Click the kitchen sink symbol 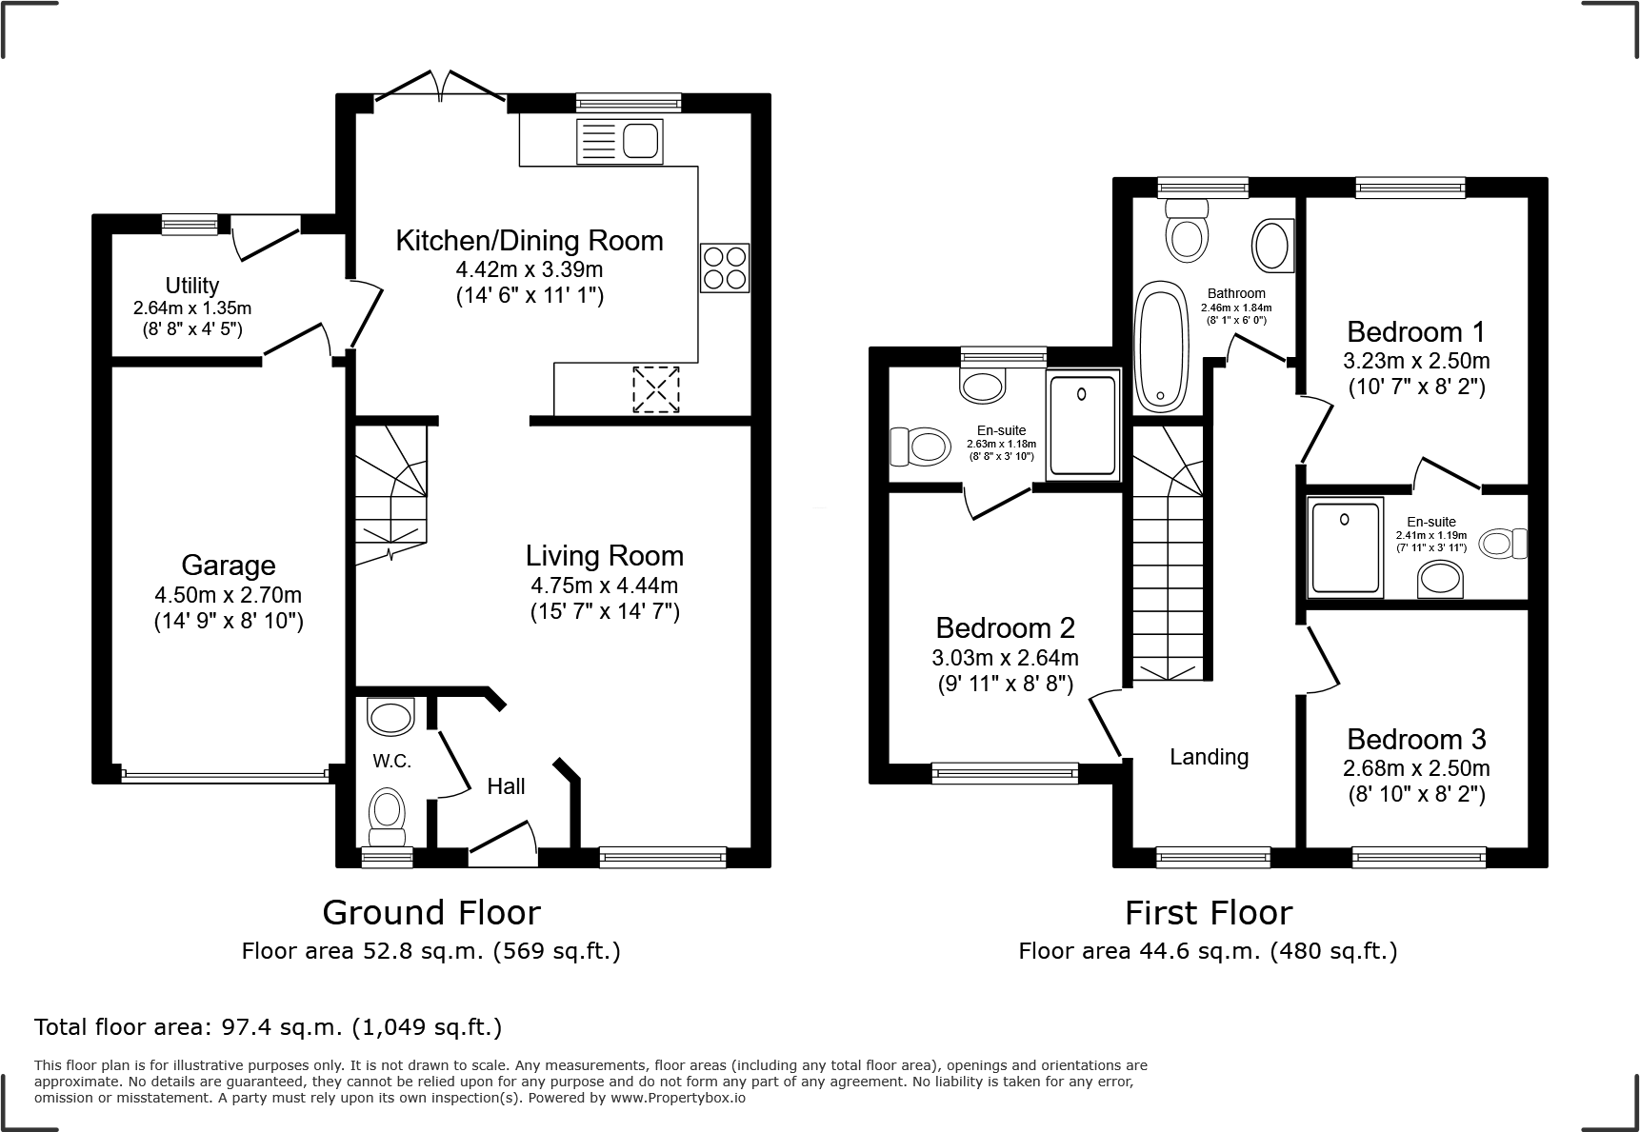point(619,142)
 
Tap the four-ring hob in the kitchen point(725,268)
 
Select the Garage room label point(228,566)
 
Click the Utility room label point(191,286)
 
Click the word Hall point(506,786)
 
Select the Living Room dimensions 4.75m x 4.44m point(604,586)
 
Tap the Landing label point(1209,757)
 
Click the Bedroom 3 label point(1416,740)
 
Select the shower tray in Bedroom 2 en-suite point(1082,426)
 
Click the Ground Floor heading point(431,913)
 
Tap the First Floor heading point(1208,913)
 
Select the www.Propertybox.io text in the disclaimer point(678,1098)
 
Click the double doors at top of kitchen point(439,87)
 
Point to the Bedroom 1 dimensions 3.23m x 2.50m point(1416,361)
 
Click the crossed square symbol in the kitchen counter point(656,389)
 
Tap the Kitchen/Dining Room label point(529,241)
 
